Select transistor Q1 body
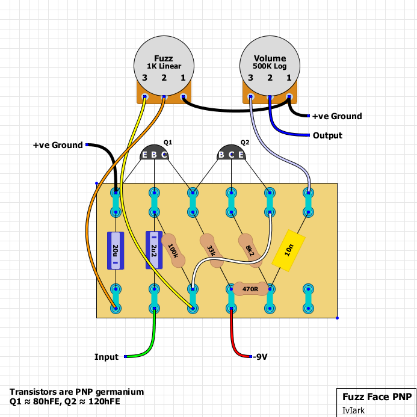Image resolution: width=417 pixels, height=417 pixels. (x=155, y=153)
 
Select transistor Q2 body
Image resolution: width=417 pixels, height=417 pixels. (x=232, y=153)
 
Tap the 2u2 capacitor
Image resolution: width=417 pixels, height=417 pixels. (x=154, y=250)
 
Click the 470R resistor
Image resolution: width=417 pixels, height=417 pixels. (x=250, y=289)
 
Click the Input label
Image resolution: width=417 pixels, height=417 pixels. (x=107, y=357)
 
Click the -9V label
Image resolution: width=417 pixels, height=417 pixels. (x=259, y=357)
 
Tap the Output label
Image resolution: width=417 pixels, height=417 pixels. (x=327, y=135)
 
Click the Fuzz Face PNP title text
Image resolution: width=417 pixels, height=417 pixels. (x=377, y=397)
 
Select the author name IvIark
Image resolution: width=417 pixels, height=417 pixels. (x=354, y=410)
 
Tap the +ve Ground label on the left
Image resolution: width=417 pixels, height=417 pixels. (x=58, y=145)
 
